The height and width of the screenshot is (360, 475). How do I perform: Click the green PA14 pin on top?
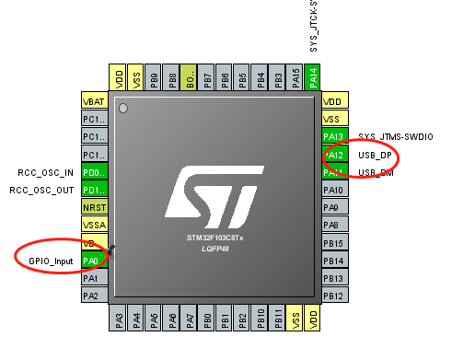[x=313, y=77]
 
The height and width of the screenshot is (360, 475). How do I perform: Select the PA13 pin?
[x=334, y=137]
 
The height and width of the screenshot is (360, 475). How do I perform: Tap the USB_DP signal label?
[x=375, y=156]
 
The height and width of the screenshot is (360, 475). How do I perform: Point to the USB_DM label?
[x=375, y=173]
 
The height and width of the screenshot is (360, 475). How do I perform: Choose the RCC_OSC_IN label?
[x=47, y=172]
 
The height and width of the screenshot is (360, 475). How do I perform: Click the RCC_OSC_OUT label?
[x=41, y=190]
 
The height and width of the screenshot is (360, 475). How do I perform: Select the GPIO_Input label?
[x=50, y=261]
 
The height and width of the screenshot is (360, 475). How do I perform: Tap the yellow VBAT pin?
[x=94, y=101]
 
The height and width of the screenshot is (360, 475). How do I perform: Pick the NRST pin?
[x=94, y=208]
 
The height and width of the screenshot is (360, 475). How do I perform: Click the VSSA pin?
[x=94, y=226]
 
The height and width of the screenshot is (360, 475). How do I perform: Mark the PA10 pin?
[x=334, y=191]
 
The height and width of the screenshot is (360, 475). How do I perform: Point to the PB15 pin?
[x=334, y=244]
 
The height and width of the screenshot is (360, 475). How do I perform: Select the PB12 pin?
[x=334, y=296]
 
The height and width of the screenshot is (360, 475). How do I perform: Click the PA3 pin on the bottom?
[x=119, y=319]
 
